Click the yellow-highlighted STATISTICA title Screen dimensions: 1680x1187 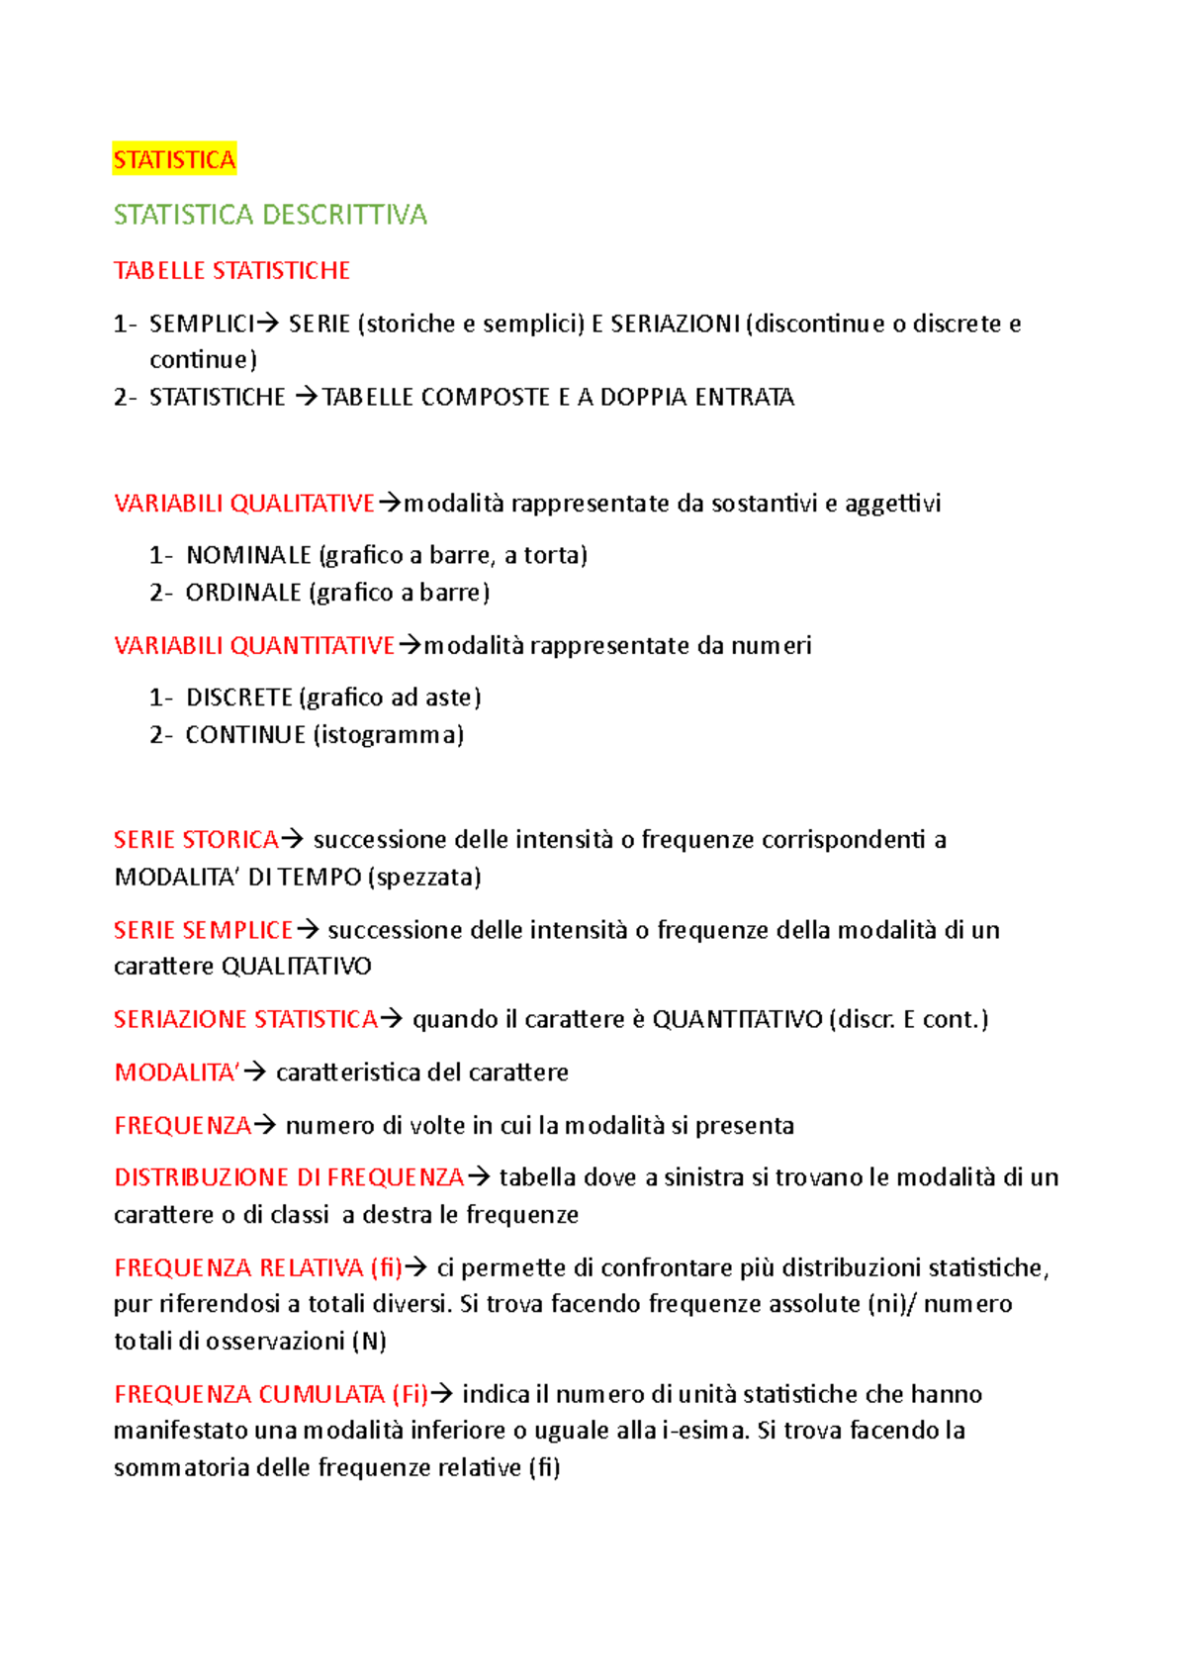pyautogui.click(x=174, y=160)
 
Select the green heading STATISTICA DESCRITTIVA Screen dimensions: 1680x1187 pyautogui.click(x=270, y=215)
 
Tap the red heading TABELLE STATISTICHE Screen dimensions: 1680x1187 pyautogui.click(x=231, y=270)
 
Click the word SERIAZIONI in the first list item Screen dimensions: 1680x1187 pyautogui.click(x=675, y=324)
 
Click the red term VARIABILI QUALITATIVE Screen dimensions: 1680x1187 pyautogui.click(x=243, y=504)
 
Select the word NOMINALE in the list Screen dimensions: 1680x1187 pyautogui.click(x=248, y=555)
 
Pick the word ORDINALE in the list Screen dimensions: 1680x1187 pyautogui.click(x=242, y=593)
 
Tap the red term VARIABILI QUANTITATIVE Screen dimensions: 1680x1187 pyautogui.click(x=254, y=646)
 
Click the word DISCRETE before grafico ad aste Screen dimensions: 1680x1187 pyautogui.click(x=238, y=698)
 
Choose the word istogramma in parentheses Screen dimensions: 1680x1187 pyautogui.click(x=388, y=735)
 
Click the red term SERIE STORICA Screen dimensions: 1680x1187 pyautogui.click(x=196, y=840)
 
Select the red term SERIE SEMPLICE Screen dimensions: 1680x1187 pyautogui.click(x=203, y=930)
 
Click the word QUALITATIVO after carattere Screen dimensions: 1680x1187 pyautogui.click(x=297, y=967)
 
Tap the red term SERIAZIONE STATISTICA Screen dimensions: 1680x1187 pyautogui.click(x=245, y=1019)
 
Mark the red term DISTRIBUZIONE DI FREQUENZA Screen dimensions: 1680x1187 pyautogui.click(x=289, y=1177)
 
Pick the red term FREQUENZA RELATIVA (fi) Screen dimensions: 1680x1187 pyautogui.click(x=257, y=1267)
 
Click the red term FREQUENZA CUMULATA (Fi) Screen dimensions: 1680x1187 pyautogui.click(x=270, y=1394)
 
